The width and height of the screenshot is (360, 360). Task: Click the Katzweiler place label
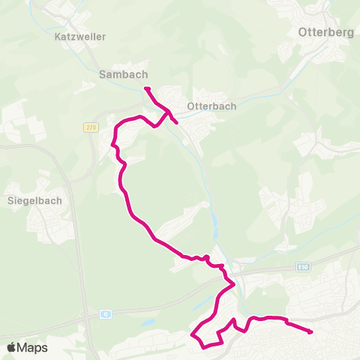80,36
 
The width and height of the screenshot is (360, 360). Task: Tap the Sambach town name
124,74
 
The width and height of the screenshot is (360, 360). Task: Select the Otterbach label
211,106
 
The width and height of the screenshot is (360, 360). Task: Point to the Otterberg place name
325,32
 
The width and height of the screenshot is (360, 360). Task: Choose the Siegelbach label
34,200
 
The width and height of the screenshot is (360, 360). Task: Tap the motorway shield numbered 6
106,313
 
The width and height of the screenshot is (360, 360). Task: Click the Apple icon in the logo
11,347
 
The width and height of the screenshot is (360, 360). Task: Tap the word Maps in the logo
32,347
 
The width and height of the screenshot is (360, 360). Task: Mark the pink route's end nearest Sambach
146,89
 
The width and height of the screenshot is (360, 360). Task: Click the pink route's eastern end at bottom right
310,331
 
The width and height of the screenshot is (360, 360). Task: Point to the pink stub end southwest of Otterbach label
175,121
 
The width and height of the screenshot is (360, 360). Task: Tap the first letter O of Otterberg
302,32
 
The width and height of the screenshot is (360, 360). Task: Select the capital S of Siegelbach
10,200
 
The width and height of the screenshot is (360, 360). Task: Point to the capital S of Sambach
103,74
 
